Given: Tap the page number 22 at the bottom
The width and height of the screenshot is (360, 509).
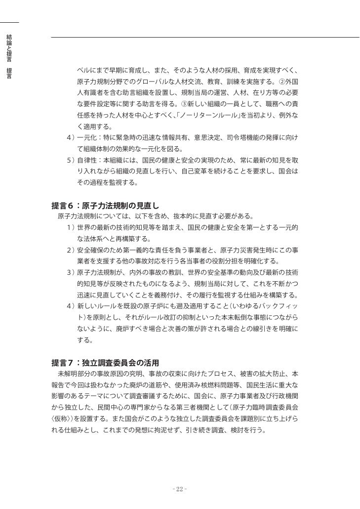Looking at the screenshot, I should (x=180, y=489).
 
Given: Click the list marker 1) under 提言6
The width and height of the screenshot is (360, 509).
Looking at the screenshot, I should (x=71, y=227).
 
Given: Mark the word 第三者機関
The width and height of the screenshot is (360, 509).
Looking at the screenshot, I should (x=216, y=406).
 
